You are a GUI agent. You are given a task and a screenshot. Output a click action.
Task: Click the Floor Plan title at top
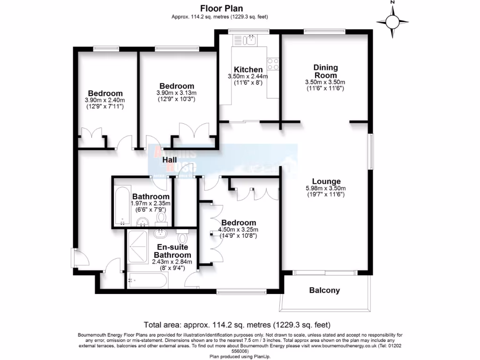point(221,8)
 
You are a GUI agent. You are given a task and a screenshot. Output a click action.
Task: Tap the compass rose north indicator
point(393,21)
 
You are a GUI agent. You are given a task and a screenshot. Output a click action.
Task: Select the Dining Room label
point(325,71)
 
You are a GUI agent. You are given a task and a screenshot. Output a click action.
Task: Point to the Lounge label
point(325,181)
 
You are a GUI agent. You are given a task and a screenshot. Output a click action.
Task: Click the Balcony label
point(324,290)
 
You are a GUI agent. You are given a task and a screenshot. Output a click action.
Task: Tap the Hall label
point(169,160)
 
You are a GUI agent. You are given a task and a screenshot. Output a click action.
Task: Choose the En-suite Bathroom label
point(168,251)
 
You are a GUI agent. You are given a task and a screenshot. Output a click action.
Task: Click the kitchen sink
point(251,40)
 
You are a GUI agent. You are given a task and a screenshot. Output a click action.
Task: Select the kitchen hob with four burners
point(272,64)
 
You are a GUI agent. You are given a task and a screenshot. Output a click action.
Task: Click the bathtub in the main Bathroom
point(121,207)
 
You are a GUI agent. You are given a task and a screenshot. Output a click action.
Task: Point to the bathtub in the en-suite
point(147,281)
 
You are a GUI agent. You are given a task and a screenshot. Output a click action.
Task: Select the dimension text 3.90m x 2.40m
point(105,100)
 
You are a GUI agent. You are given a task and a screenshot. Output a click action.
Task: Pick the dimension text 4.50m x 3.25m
point(239,230)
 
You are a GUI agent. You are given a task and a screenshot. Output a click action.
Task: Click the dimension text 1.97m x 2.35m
point(150,203)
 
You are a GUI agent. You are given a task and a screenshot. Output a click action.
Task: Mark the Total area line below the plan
point(237,325)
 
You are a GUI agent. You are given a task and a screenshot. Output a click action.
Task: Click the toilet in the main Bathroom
point(162,217)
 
